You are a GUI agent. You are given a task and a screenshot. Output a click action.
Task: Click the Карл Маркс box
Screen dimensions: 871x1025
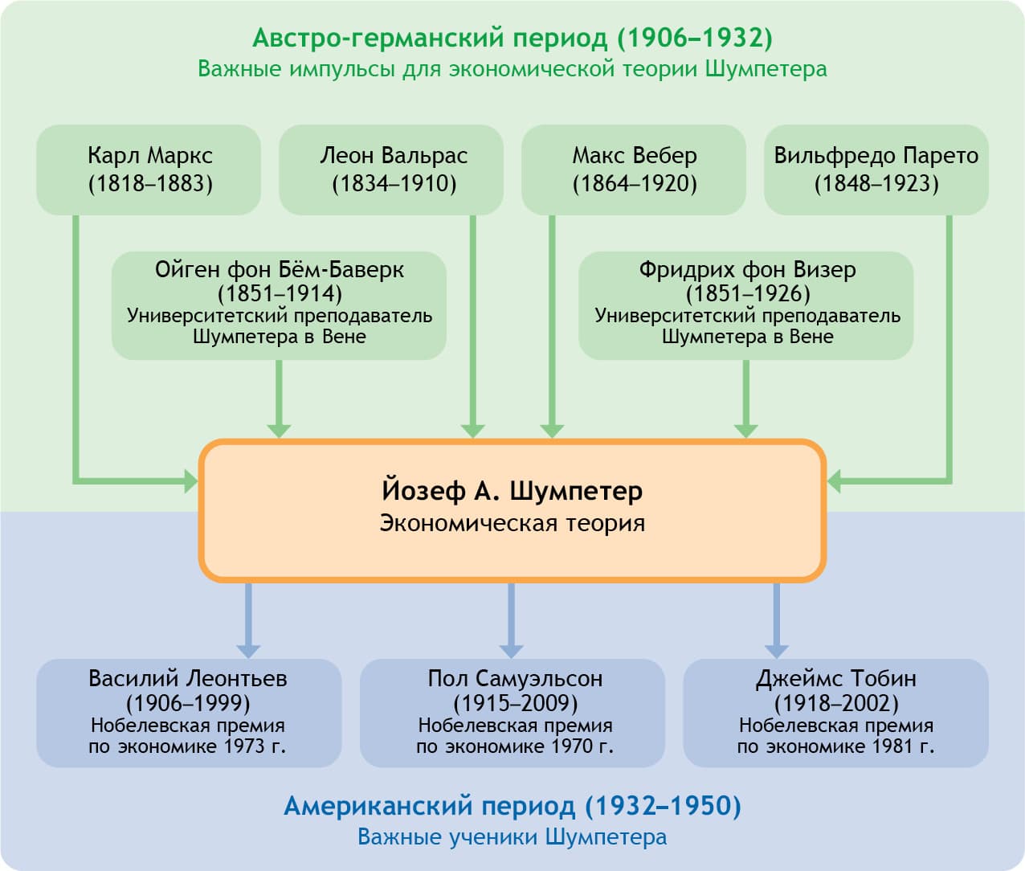pyautogui.click(x=149, y=170)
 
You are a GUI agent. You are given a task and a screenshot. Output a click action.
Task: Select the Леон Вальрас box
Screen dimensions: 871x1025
pyautogui.click(x=391, y=170)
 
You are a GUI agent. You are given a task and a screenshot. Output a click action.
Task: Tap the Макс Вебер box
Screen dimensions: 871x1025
pyautogui.click(x=634, y=170)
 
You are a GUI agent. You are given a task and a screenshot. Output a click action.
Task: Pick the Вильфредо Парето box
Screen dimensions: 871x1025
pyautogui.click(x=876, y=170)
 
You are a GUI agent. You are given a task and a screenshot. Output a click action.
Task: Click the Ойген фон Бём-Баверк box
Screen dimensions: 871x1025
pyautogui.click(x=279, y=305)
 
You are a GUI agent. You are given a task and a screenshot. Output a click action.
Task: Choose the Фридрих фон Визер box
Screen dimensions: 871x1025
pyautogui.click(x=746, y=305)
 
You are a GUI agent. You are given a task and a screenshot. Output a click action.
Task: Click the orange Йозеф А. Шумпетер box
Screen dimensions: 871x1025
pyautogui.click(x=512, y=510)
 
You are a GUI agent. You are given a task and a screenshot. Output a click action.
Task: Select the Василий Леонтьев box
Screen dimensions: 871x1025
pyautogui.click(x=189, y=713)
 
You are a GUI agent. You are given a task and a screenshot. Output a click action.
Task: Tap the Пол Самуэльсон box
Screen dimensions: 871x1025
pyautogui.click(x=512, y=713)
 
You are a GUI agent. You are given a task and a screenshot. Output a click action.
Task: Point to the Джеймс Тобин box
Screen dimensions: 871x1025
pyautogui.click(x=835, y=713)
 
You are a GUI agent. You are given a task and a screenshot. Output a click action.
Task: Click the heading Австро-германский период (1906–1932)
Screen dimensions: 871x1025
pyautogui.click(x=512, y=38)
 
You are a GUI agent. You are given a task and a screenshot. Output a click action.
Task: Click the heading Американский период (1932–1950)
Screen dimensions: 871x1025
pyautogui.click(x=512, y=806)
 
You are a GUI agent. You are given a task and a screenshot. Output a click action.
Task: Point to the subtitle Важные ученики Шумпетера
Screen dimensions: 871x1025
pyautogui.click(x=512, y=837)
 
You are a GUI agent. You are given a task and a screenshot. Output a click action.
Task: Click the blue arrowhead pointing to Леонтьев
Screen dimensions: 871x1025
pyautogui.click(x=248, y=649)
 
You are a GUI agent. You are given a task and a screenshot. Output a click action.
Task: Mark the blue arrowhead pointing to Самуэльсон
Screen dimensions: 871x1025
pyautogui.click(x=511, y=649)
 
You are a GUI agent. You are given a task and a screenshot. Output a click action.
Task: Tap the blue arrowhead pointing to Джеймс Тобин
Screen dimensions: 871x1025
pyautogui.click(x=776, y=649)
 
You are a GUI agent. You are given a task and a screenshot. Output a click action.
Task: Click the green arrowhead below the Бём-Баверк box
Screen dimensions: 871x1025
pyautogui.click(x=279, y=428)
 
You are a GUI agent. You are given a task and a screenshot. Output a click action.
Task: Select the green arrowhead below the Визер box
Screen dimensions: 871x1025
pyautogui.click(x=746, y=428)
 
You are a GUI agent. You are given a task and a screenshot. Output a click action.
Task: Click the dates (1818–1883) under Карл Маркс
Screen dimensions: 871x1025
pyautogui.click(x=150, y=184)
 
